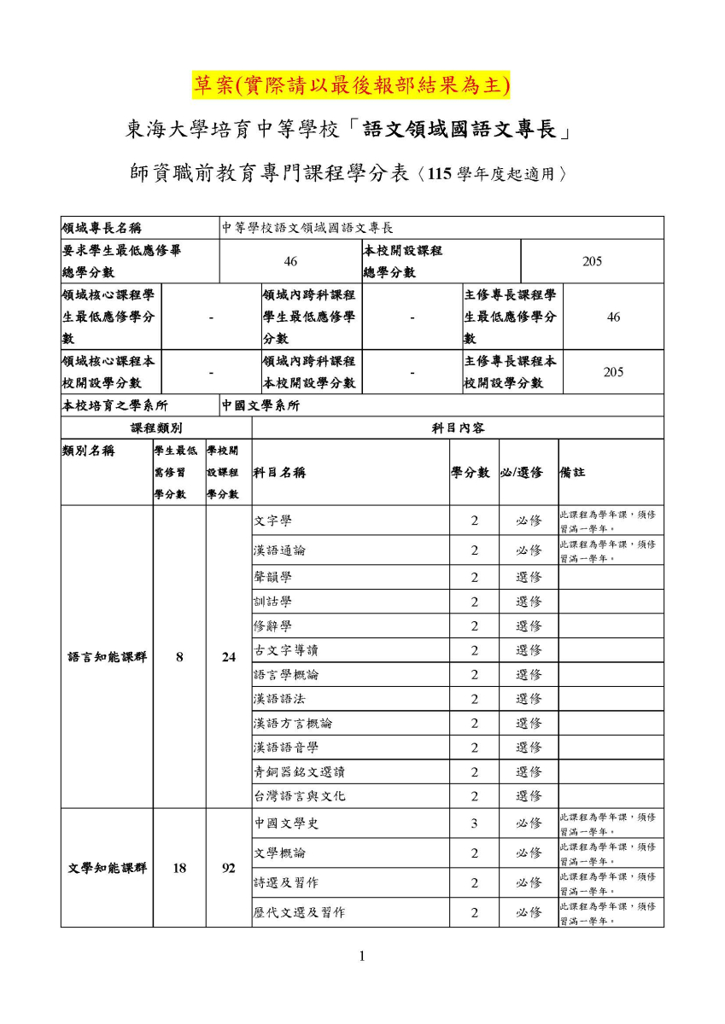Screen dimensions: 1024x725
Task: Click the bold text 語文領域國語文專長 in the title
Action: [x=459, y=130]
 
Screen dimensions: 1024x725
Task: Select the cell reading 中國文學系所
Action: [x=260, y=405]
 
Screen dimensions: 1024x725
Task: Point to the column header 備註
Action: [x=572, y=472]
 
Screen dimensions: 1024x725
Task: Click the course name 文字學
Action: [x=272, y=521]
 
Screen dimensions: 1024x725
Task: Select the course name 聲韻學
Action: [x=272, y=577]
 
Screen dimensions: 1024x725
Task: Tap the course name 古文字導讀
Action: [x=286, y=650]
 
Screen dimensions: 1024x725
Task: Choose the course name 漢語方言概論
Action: [x=293, y=723]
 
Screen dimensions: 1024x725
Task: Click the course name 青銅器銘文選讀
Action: [x=299, y=771]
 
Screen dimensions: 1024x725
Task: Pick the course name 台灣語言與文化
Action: [x=299, y=796]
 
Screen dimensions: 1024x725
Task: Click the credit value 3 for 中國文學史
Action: [x=474, y=823]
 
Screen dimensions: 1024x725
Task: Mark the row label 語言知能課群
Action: [x=107, y=657]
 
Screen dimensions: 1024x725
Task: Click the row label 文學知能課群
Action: [x=107, y=868]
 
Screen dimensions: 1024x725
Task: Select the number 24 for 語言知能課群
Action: [x=229, y=657]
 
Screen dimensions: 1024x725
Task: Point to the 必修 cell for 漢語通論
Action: [x=529, y=550]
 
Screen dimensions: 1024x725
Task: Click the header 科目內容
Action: [x=459, y=428]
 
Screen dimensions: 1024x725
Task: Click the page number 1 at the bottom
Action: [x=362, y=956]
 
